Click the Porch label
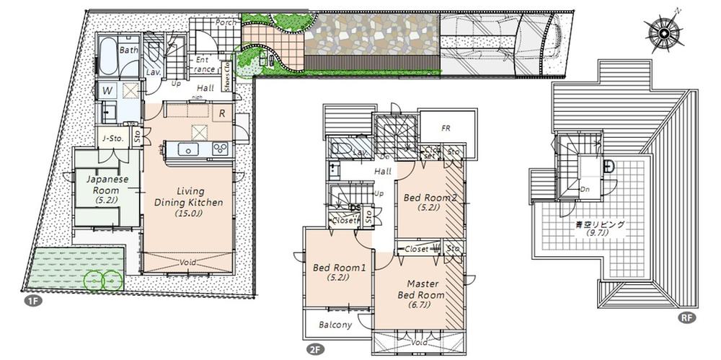224,22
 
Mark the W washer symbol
107,91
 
